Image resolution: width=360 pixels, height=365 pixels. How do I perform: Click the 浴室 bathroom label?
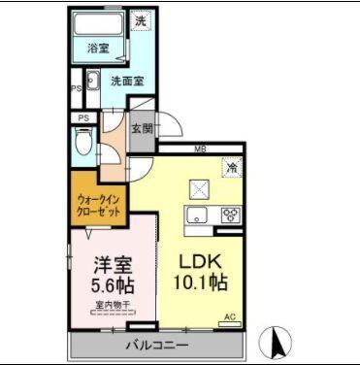[98, 46]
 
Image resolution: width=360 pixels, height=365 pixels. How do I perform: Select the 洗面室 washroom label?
[127, 82]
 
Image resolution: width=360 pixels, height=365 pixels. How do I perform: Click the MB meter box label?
[198, 148]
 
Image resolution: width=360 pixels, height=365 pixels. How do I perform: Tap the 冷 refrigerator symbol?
[232, 167]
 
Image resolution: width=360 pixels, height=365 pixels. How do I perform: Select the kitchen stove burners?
[231, 216]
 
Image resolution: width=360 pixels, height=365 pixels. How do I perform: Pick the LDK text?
[200, 262]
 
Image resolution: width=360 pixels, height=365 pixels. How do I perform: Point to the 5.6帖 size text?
[114, 287]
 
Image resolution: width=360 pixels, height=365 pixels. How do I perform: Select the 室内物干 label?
[114, 309]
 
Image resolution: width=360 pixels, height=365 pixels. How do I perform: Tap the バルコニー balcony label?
[156, 345]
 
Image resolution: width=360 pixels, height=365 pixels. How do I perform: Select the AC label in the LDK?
[231, 317]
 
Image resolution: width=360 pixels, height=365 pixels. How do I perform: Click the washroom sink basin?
[94, 82]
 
